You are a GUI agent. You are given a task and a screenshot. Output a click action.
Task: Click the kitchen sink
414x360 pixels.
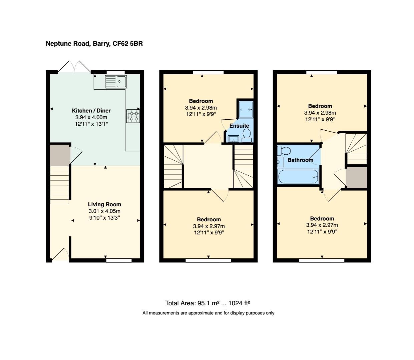(116, 81)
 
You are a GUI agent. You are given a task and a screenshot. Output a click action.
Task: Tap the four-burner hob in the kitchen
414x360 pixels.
(133, 116)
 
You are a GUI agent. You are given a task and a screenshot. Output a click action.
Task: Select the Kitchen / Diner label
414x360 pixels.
(91, 111)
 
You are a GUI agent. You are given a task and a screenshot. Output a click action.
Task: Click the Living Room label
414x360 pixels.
(104, 205)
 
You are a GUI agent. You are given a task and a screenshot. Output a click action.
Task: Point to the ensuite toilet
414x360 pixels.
(247, 135)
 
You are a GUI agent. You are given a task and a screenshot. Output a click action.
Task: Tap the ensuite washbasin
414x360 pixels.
(233, 138)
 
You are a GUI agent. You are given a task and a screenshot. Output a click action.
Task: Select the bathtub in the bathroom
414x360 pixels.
(298, 176)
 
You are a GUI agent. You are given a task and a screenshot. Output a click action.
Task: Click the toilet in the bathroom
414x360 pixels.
(283, 151)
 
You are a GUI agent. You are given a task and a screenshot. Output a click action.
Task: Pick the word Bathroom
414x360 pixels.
(300, 160)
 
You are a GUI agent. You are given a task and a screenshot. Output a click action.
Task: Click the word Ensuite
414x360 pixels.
(239, 126)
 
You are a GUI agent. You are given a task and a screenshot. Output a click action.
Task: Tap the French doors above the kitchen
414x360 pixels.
(74, 67)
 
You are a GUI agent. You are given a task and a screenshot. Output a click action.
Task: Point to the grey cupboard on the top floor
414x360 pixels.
(356, 177)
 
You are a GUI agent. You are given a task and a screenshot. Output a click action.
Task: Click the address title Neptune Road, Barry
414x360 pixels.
(94, 44)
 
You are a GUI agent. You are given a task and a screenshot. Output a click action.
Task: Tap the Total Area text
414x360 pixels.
(208, 303)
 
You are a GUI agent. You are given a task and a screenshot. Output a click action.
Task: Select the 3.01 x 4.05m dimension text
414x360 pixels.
(104, 211)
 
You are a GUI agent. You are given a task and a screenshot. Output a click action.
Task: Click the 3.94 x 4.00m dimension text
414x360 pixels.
(91, 117)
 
